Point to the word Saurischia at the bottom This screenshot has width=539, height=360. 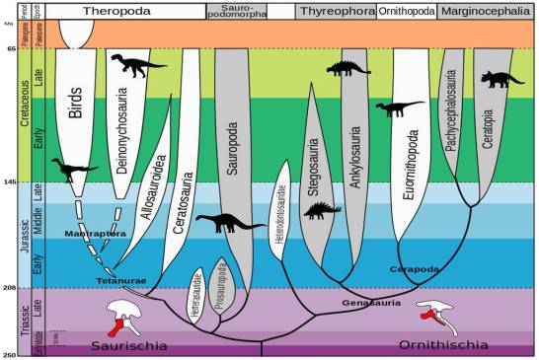(x=137, y=345)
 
